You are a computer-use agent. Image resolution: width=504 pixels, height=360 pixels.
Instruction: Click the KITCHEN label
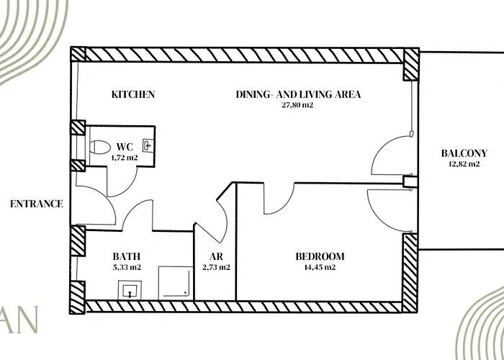coord(133,94)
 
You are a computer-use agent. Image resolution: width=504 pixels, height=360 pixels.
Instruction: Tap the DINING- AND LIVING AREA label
coord(298,94)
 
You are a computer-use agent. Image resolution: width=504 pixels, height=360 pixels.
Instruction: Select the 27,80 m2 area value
coord(297,105)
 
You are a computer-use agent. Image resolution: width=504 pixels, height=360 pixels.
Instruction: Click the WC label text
coord(125,147)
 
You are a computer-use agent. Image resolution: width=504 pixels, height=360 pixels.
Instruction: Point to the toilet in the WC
coord(99,147)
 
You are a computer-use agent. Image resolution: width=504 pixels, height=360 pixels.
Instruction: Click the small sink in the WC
coord(148,145)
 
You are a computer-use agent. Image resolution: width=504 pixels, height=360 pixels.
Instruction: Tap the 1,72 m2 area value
coord(125,158)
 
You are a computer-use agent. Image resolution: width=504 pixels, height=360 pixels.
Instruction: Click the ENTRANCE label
coord(37,204)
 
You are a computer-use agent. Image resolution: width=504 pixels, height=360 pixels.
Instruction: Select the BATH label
coord(127,256)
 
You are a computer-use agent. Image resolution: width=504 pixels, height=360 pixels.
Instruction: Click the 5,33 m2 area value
coord(127,267)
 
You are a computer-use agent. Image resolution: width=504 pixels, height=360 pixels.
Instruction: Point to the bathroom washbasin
coord(130,290)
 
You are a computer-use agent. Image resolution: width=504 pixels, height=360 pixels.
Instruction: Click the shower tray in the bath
coord(176,283)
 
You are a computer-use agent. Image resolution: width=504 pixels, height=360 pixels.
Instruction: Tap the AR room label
coord(216,256)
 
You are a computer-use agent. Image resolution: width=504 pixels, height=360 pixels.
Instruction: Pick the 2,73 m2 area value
coord(216,267)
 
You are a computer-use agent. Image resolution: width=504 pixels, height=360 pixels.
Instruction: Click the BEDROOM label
coord(320,256)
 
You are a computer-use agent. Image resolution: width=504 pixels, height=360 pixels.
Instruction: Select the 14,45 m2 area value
coord(320,267)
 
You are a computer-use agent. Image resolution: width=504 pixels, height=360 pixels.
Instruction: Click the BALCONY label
coord(464,153)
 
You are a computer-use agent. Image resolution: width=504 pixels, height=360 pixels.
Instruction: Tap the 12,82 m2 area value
coord(464,164)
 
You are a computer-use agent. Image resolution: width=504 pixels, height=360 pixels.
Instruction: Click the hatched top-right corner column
coord(411,64)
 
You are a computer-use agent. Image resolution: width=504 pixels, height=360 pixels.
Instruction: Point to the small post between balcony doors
coord(410,181)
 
